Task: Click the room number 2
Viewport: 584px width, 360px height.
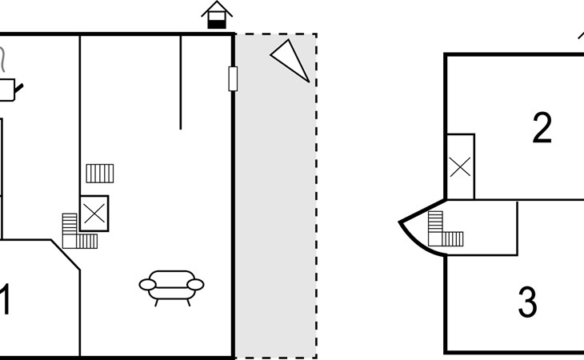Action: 542,128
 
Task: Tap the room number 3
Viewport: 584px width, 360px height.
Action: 527,302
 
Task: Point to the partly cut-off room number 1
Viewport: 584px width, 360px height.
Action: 5,300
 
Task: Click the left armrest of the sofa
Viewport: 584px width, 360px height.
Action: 147,285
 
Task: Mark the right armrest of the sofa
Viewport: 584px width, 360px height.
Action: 195,285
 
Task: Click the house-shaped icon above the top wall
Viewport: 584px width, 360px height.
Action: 217,15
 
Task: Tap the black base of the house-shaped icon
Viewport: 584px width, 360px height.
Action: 217,24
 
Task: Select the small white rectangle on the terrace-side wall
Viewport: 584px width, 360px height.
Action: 233,78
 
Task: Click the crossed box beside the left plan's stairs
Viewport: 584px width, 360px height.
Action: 94,214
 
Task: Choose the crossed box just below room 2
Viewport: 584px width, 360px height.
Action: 460,166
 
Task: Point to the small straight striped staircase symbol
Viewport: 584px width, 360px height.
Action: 100,174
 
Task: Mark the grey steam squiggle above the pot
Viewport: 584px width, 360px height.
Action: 2,59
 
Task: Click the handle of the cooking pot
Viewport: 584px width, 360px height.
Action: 19,89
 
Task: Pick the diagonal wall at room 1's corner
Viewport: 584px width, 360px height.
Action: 65,254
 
